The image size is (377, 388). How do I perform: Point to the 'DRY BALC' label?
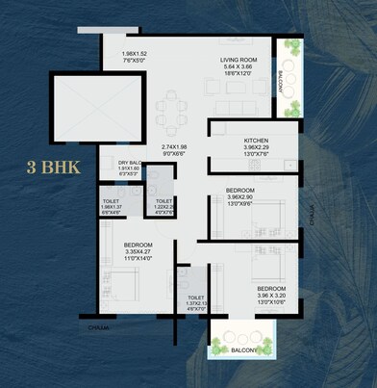[x=130, y=162]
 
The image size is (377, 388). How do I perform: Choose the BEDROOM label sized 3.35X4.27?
[x=138, y=245]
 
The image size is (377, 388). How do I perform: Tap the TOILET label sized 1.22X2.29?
[x=164, y=201]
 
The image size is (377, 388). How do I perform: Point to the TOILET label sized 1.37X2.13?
[x=196, y=297]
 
